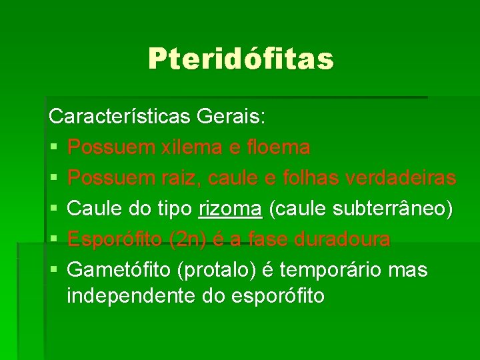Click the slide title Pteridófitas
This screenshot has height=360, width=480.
tap(241, 59)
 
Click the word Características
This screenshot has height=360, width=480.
tap(120, 117)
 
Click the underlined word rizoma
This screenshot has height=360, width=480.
tap(231, 209)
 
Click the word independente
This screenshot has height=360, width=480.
tap(124, 295)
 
